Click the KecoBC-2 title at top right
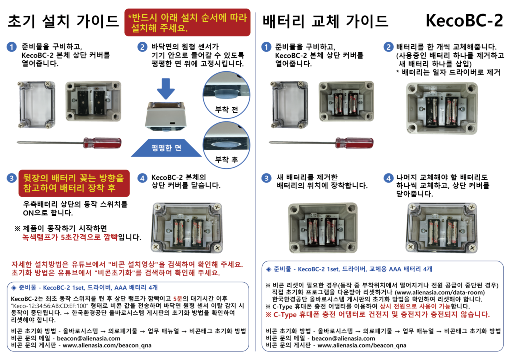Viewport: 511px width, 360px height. (x=464, y=21)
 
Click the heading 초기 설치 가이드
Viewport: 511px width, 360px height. (x=63, y=21)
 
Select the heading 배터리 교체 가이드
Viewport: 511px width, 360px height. (x=325, y=21)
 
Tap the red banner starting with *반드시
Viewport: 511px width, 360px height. (x=188, y=22)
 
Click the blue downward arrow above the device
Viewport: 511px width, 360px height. (x=166, y=89)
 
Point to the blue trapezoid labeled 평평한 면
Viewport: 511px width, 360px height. (x=166, y=148)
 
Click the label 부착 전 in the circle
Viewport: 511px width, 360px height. (x=226, y=109)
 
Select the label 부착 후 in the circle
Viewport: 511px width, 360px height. (x=226, y=160)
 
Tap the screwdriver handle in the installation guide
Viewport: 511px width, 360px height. (x=102, y=143)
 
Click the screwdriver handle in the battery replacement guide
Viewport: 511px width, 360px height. (x=355, y=143)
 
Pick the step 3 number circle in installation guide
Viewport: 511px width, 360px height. (x=12, y=178)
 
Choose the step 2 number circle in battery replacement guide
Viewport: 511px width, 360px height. (x=388, y=47)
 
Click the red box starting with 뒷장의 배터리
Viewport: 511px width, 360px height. (x=74, y=183)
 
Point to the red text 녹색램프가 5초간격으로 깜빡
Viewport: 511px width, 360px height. (x=70, y=237)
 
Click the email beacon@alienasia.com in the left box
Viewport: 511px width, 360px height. (x=89, y=338)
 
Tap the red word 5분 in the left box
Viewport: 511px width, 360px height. (x=177, y=299)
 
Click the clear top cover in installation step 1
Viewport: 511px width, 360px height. (x=36, y=105)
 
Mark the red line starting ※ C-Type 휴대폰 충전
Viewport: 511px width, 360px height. (x=378, y=315)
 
